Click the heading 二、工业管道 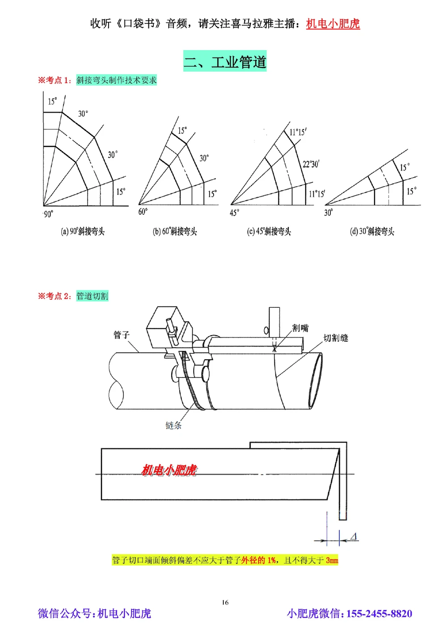tap(225, 61)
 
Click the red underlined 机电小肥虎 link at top tap(333, 24)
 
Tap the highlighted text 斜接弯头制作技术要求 tap(116, 80)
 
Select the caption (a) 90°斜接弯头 tap(83, 231)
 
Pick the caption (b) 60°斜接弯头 tap(175, 231)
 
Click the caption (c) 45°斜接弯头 tap(269, 231)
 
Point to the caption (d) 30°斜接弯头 tap(372, 231)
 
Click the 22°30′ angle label tap(311, 164)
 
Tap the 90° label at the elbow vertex tap(48, 214)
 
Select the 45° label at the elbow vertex tap(234, 213)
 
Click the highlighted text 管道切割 tap(92, 296)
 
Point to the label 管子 tap(121, 334)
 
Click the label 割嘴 tap(300, 328)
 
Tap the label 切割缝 tap(336, 338)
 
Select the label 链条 tap(173, 425)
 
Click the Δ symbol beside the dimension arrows tap(353, 536)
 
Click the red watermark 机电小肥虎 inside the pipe tap(169, 470)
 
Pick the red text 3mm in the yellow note tap(332, 560)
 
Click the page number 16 tap(225, 602)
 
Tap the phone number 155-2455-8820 tap(379, 613)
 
